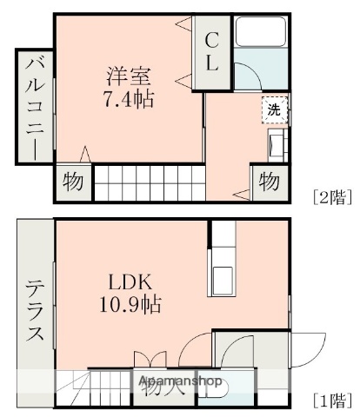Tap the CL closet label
212,51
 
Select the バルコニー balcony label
34,106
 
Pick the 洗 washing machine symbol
274,109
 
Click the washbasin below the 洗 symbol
276,146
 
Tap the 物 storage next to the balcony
72,183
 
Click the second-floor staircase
148,182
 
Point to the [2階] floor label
333,196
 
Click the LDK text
130,283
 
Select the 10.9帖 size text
130,305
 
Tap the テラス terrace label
35,310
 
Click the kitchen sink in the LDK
223,278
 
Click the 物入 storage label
163,386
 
